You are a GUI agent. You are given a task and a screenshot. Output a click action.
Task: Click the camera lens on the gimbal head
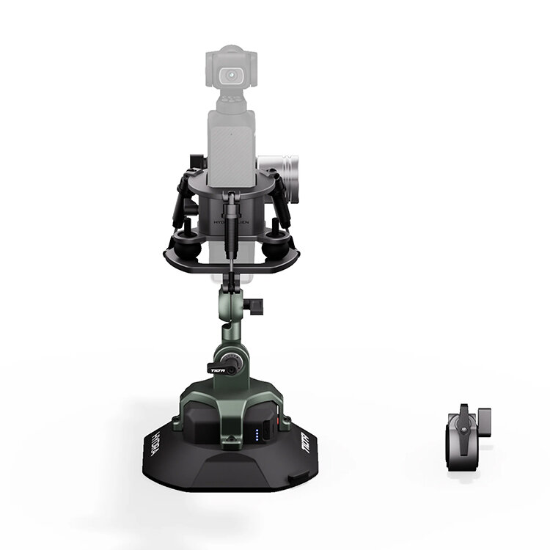234,76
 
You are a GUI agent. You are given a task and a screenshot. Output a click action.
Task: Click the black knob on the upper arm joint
256,304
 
